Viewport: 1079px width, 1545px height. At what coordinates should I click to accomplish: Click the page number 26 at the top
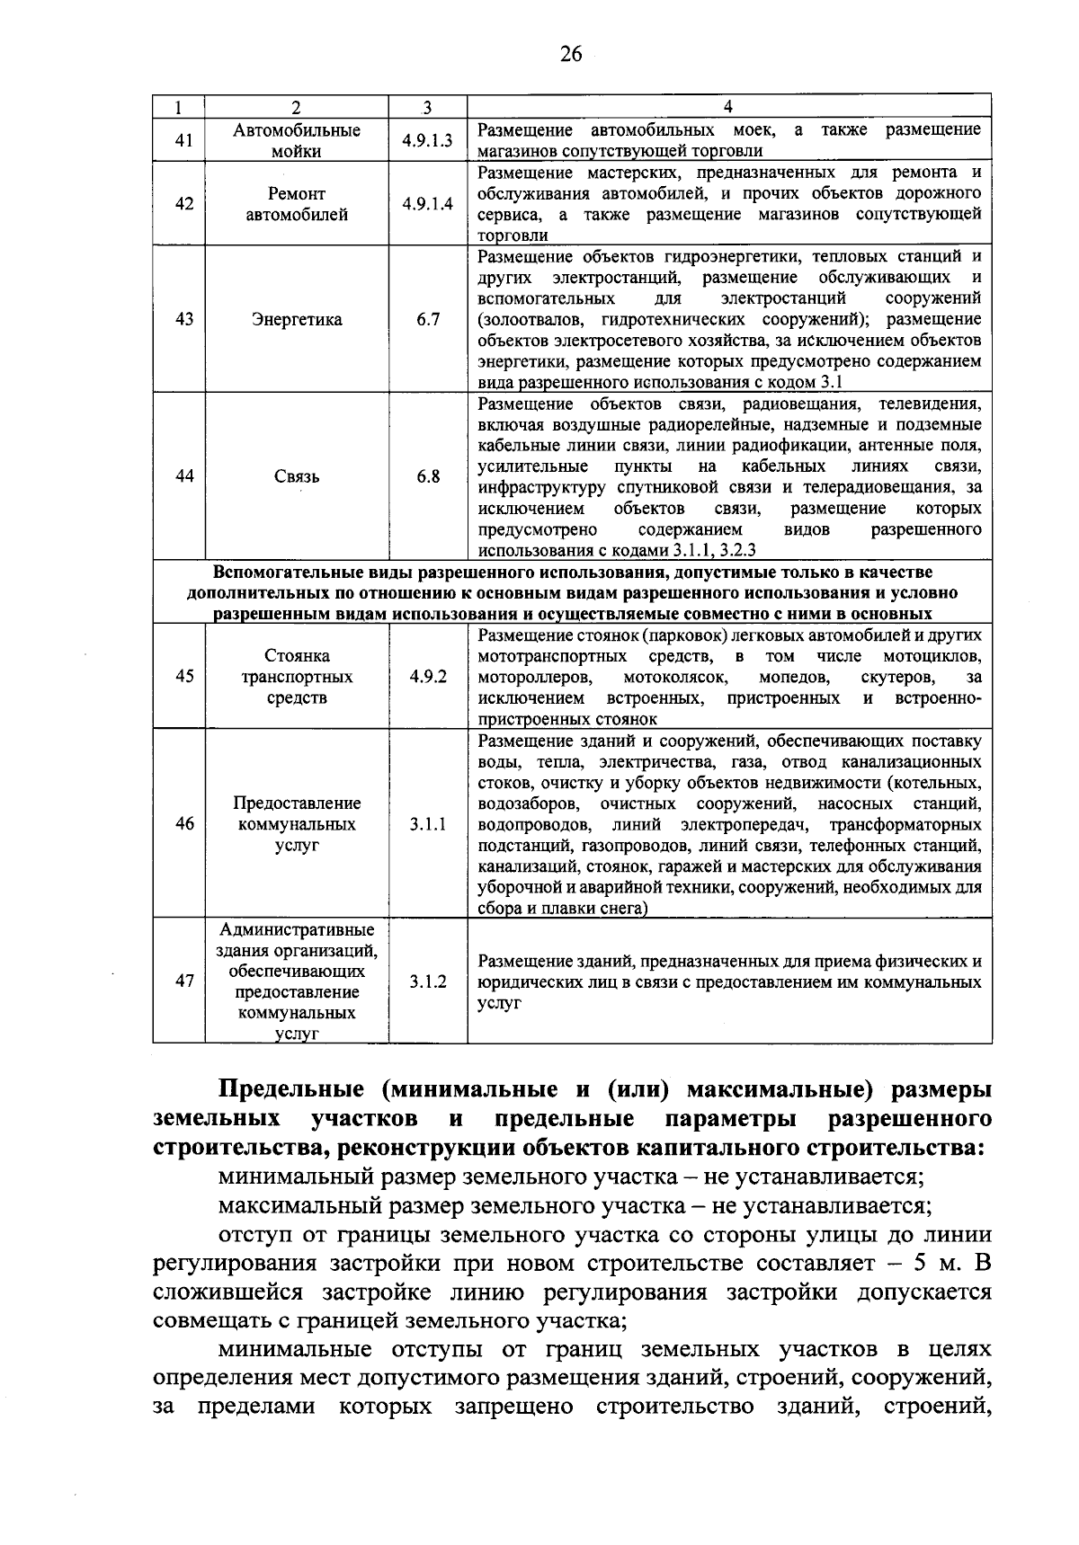(571, 55)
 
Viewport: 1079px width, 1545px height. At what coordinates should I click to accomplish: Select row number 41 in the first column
(183, 140)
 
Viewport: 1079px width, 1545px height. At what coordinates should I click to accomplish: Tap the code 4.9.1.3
(428, 140)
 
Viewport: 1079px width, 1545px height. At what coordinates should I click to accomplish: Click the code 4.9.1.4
(428, 204)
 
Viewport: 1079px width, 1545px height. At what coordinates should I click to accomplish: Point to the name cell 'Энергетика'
(297, 320)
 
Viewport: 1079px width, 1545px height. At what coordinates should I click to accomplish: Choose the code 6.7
(428, 320)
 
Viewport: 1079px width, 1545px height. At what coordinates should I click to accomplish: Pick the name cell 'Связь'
(297, 477)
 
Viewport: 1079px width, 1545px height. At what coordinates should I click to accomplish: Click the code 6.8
(428, 477)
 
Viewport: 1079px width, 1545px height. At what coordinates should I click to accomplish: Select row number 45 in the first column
(183, 677)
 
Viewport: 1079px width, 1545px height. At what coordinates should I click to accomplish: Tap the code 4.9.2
(428, 677)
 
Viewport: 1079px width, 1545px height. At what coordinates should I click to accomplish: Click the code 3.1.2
(428, 982)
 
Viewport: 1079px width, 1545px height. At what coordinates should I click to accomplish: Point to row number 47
(183, 982)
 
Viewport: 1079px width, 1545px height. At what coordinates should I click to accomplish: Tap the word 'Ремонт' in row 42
(297, 194)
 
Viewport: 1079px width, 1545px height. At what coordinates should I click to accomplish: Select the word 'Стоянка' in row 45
(297, 656)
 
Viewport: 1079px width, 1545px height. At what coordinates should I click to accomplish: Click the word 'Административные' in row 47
(297, 930)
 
